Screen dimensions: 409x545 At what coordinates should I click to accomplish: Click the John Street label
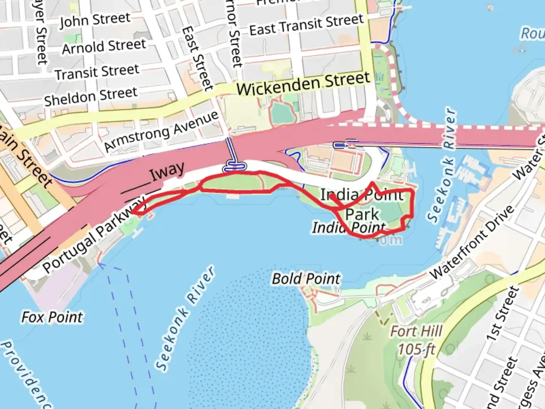click(95, 20)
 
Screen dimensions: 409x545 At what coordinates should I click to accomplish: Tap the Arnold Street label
click(104, 47)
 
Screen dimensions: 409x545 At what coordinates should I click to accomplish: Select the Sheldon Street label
click(91, 96)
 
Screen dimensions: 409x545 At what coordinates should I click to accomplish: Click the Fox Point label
click(52, 317)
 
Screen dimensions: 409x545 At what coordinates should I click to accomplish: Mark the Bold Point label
click(307, 279)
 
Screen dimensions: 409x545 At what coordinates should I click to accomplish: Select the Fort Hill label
click(416, 331)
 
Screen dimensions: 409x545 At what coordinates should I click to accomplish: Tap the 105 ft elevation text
click(416, 349)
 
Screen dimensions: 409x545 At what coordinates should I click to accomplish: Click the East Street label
click(197, 59)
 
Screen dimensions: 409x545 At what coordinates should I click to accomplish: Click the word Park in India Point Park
click(362, 214)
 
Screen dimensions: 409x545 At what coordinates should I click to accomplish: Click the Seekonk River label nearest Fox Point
click(185, 318)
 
